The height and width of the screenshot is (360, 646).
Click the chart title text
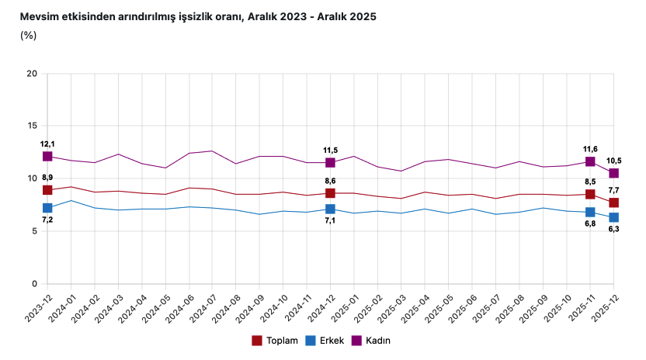click(x=198, y=16)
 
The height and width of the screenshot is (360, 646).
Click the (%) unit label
click(x=28, y=35)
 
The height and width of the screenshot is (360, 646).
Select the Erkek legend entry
click(x=325, y=341)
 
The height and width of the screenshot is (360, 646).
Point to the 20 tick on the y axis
click(x=32, y=74)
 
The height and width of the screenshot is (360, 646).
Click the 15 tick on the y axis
click(x=32, y=126)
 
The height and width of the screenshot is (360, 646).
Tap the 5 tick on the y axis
click(x=34, y=231)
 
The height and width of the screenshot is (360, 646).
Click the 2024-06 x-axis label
click(x=179, y=310)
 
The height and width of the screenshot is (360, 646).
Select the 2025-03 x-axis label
click(x=391, y=310)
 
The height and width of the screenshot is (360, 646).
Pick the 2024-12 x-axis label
click(x=321, y=310)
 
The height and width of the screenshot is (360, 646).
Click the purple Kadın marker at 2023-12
click(x=47, y=157)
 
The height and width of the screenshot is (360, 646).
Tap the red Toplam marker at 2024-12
click(x=330, y=193)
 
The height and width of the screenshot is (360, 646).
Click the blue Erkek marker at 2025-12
click(x=613, y=217)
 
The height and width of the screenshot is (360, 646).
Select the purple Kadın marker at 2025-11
click(x=590, y=161)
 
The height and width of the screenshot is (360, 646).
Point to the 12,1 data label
click(x=47, y=144)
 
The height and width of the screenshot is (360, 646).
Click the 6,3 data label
click(x=613, y=230)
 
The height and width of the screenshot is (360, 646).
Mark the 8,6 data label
click(x=330, y=180)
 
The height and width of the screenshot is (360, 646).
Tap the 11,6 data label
click(x=590, y=149)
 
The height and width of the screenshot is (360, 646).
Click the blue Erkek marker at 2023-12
click(x=47, y=208)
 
